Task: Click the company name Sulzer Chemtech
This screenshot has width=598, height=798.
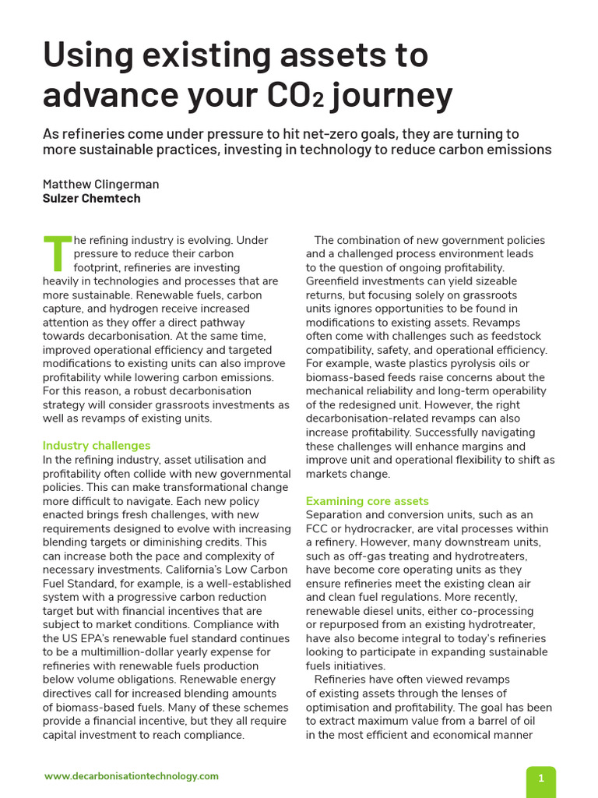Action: click(91, 198)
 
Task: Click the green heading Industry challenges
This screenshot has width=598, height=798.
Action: click(97, 446)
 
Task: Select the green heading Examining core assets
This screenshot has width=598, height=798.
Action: click(368, 501)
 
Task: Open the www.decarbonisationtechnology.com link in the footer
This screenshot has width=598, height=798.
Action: click(132, 776)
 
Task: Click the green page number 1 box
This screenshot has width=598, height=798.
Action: click(541, 779)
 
